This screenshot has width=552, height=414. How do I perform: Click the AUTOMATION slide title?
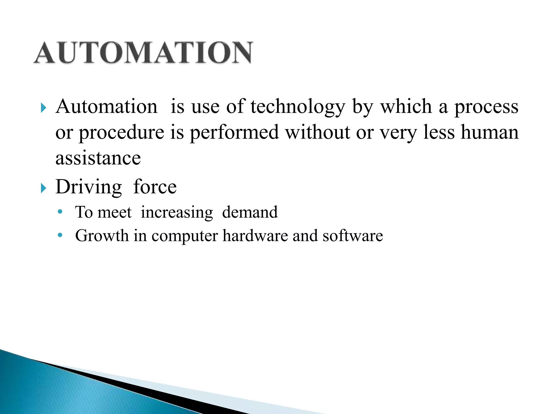pyautogui.click(x=143, y=53)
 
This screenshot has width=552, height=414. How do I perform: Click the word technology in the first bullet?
pyautogui.click(x=298, y=107)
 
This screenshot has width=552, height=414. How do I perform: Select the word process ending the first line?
pyautogui.click(x=486, y=107)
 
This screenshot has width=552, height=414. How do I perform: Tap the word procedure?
pyautogui.click(x=122, y=133)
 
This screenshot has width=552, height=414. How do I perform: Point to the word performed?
pyautogui.click(x=234, y=133)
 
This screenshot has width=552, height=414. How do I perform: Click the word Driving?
pyautogui.click(x=89, y=187)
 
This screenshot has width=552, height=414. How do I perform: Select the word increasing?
pyautogui.click(x=177, y=212)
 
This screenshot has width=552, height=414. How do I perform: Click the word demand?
pyautogui.click(x=250, y=212)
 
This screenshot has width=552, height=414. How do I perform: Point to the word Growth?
pyautogui.click(x=102, y=236)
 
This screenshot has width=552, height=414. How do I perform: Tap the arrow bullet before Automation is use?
pyautogui.click(x=43, y=108)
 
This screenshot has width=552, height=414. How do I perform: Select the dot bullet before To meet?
pyautogui.click(x=60, y=212)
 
